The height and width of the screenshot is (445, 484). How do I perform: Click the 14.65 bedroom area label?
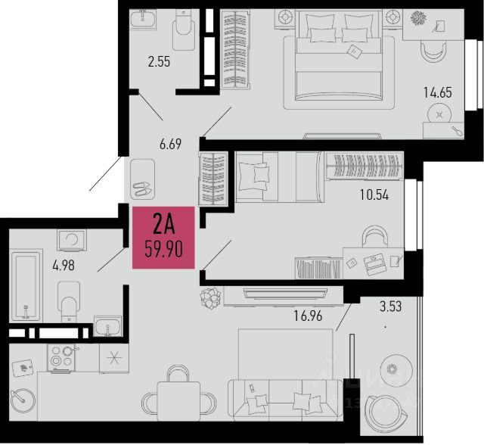point(438,92)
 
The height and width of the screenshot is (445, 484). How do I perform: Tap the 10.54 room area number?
point(374,194)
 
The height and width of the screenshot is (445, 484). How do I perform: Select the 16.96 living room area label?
point(308,316)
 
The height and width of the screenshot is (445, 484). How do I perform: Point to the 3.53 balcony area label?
point(390,307)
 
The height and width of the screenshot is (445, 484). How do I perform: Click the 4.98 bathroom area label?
point(64,266)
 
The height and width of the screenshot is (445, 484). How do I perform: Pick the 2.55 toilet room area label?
point(159,62)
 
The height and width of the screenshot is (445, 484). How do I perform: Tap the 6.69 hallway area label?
point(170,145)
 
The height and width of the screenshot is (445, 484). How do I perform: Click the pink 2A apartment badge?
point(163,237)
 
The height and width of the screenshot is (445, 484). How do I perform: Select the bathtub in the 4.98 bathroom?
point(26,285)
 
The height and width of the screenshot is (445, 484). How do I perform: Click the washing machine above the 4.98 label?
point(72,240)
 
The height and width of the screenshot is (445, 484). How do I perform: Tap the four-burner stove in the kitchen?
point(61,358)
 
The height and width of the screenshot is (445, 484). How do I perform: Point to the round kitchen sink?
point(23,401)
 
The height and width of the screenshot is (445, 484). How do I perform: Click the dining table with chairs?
point(178,395)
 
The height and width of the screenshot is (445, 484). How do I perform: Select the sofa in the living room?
point(285,400)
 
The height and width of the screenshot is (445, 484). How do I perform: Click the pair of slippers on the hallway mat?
point(141,188)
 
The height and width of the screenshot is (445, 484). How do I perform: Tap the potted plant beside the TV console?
point(211,297)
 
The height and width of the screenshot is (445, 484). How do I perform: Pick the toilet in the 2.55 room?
point(183,30)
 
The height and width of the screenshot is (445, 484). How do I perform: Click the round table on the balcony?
point(396,369)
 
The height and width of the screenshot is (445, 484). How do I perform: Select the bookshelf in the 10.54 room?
point(319,268)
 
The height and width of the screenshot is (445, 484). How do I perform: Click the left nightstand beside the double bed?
point(285,18)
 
